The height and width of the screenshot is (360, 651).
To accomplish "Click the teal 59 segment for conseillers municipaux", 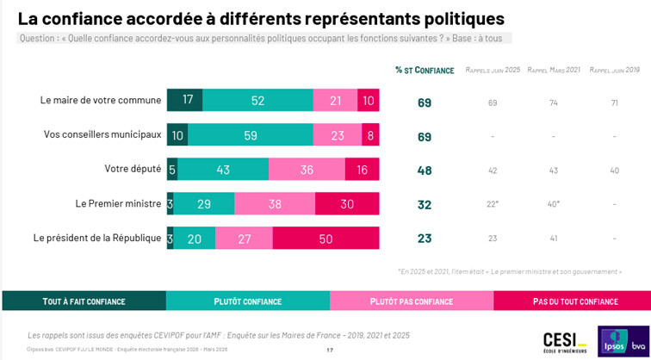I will pyautogui.click(x=251, y=134).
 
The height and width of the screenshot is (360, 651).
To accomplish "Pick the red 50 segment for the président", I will pyautogui.click(x=325, y=239).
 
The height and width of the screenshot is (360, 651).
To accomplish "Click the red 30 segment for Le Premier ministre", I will pyautogui.click(x=348, y=204).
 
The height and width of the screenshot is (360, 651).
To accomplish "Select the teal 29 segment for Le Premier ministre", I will pyautogui.click(x=203, y=204).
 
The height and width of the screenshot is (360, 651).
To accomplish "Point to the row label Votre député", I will pyautogui.click(x=132, y=169).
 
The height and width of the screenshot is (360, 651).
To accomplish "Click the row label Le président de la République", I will pyautogui.click(x=96, y=238).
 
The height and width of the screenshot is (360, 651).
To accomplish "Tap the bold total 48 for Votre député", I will pyautogui.click(x=424, y=171).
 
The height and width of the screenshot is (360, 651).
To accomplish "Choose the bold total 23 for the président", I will pyautogui.click(x=424, y=239).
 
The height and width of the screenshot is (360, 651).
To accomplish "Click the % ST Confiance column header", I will pyautogui.click(x=425, y=70).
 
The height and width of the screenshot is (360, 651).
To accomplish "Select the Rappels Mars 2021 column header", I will pyautogui.click(x=553, y=70).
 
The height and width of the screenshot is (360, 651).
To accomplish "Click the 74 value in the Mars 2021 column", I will pyautogui.click(x=553, y=102).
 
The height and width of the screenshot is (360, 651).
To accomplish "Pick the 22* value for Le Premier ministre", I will pyautogui.click(x=493, y=205).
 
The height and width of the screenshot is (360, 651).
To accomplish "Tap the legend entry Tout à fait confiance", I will pyautogui.click(x=84, y=301).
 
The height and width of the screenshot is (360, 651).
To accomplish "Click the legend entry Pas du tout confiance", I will pyautogui.click(x=574, y=301).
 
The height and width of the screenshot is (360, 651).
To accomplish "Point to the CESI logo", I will pyautogui.click(x=564, y=341).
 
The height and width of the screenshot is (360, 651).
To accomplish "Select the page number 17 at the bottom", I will pyautogui.click(x=330, y=350).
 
